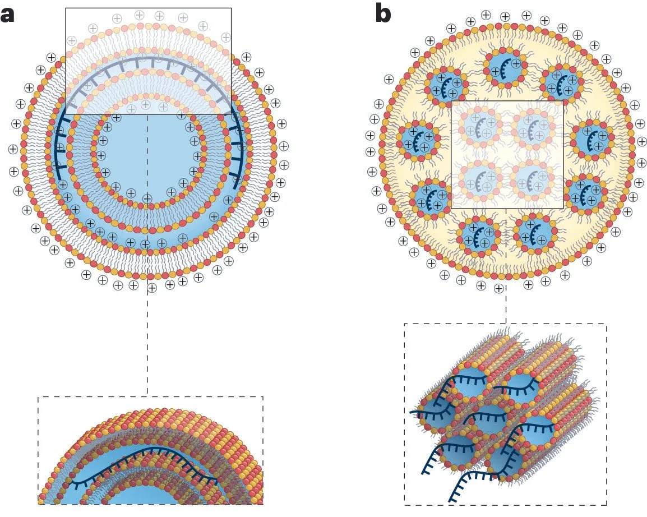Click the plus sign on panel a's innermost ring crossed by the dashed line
(147, 198)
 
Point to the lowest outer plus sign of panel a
(151, 288)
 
